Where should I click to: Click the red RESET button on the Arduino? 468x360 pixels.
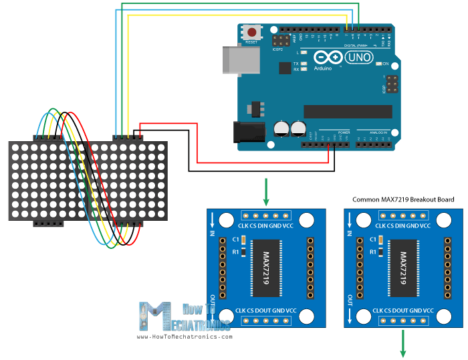(x=252, y=32)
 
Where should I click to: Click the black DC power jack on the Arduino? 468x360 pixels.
(x=242, y=131)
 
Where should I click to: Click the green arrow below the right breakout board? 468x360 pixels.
(x=403, y=344)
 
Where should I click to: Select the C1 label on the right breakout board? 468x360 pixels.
(x=372, y=240)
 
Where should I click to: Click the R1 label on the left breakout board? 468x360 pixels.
(x=235, y=252)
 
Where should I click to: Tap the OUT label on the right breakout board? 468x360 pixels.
(x=350, y=298)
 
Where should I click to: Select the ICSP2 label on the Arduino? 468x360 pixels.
(x=278, y=50)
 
